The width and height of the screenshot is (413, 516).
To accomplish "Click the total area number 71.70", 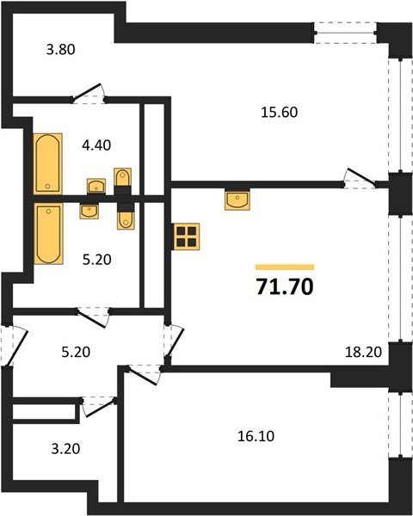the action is click(285, 286).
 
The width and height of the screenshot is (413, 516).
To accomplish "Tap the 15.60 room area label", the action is click(279, 112).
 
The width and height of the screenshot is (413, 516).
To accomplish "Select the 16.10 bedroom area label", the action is click(256, 436).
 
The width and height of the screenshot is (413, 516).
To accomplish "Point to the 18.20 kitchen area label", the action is click(363, 352).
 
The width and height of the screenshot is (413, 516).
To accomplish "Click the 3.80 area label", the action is click(60, 50).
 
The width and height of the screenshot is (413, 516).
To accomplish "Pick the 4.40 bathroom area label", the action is click(96, 145).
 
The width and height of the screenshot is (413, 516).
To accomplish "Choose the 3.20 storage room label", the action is click(65, 449).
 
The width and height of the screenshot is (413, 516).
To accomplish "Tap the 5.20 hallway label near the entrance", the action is click(76, 352).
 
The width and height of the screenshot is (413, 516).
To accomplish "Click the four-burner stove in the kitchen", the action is click(187, 236).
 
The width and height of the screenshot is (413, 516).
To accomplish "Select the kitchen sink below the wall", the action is click(237, 200).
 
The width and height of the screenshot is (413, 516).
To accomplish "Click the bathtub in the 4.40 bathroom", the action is click(48, 164).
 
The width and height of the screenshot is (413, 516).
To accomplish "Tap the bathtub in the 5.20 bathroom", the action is click(49, 234).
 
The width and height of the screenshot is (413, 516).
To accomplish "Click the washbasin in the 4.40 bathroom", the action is click(96, 187).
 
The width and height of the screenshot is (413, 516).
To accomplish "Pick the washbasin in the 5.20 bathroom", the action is click(89, 211).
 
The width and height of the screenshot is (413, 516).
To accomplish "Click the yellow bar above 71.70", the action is click(285, 267).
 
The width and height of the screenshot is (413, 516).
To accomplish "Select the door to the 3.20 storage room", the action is click(98, 407).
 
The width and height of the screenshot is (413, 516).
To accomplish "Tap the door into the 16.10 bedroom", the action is click(144, 374).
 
